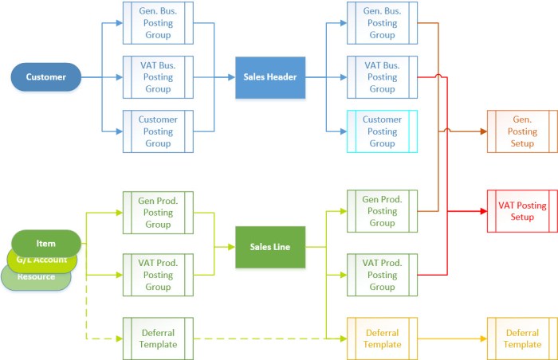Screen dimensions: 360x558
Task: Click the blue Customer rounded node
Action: (45, 77)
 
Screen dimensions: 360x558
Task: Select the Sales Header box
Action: (270, 77)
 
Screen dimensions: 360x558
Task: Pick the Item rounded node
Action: (45, 243)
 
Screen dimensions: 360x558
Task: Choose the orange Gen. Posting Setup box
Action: (522, 131)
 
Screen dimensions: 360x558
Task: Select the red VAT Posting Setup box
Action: (522, 211)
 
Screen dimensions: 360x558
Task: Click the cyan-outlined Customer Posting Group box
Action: (382, 131)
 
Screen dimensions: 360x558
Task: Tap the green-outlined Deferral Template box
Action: (158, 338)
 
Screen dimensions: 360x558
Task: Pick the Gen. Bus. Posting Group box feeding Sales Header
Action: (158, 22)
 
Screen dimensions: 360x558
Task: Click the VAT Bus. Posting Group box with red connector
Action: (382, 77)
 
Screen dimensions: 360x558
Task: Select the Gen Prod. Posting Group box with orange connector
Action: (382, 211)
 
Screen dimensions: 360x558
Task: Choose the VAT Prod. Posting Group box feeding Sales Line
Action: (158, 275)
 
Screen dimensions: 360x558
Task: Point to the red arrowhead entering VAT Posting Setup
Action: (482, 211)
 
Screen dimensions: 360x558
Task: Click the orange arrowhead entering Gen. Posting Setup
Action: (482, 131)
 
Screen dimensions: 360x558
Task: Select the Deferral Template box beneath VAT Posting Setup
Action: (522, 338)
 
